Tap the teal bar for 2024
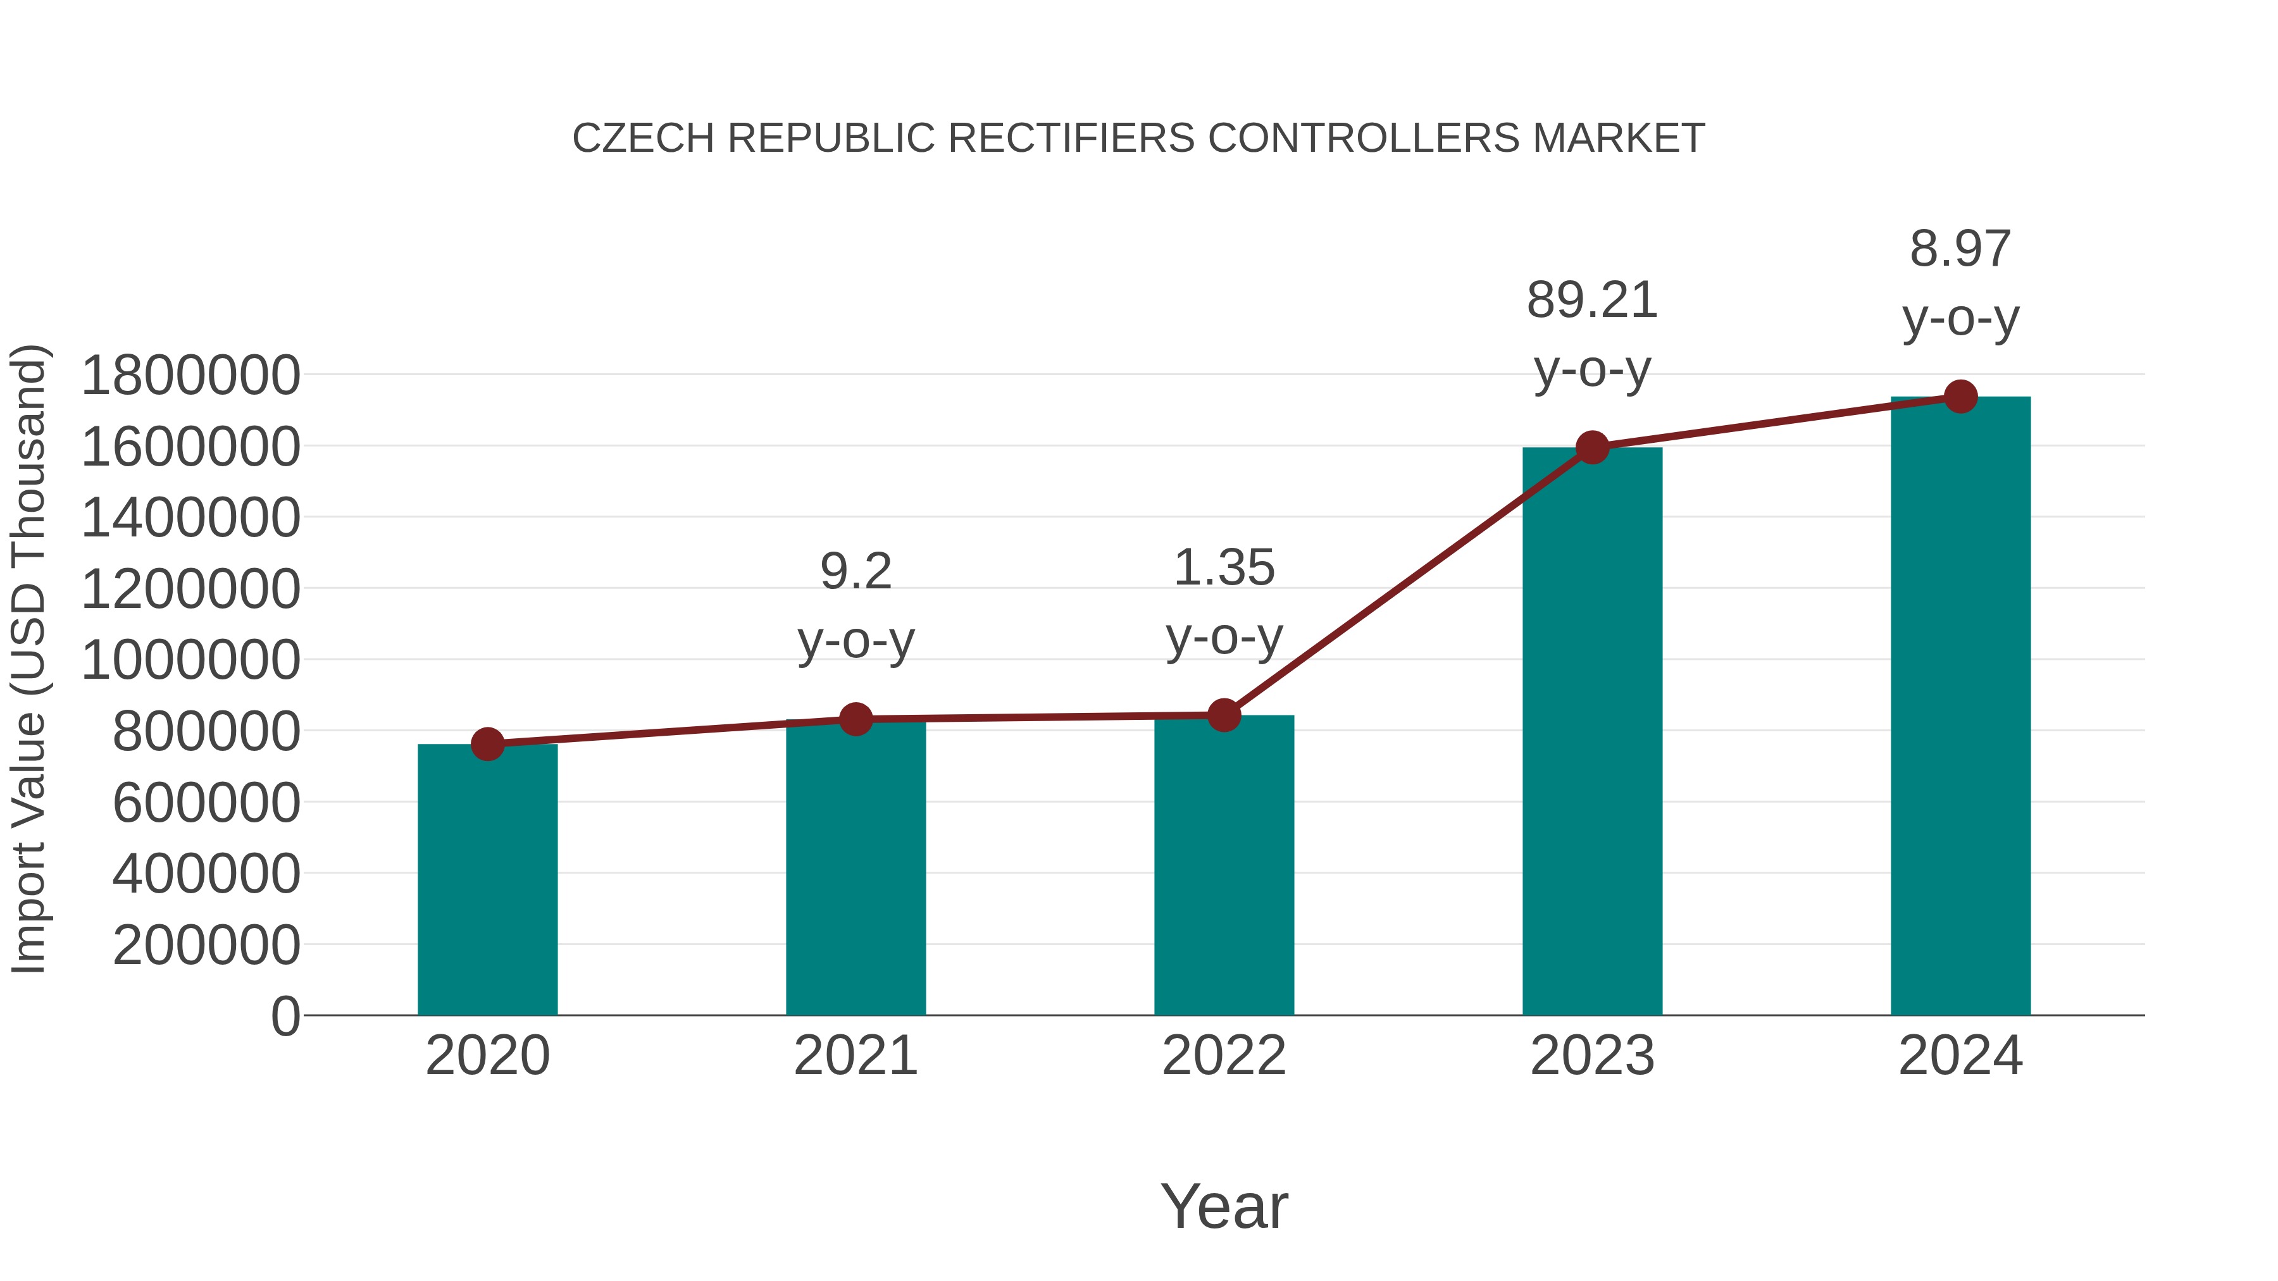1960,707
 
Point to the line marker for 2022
1224,715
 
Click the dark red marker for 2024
1960,397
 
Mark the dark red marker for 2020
487,745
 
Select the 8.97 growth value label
1960,249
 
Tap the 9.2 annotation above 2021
855,572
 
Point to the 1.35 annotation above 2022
1224,569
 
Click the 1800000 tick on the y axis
190,375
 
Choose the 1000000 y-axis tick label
190,660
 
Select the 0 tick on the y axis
285,1016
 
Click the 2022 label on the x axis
1224,1056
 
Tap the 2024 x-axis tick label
1960,1056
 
